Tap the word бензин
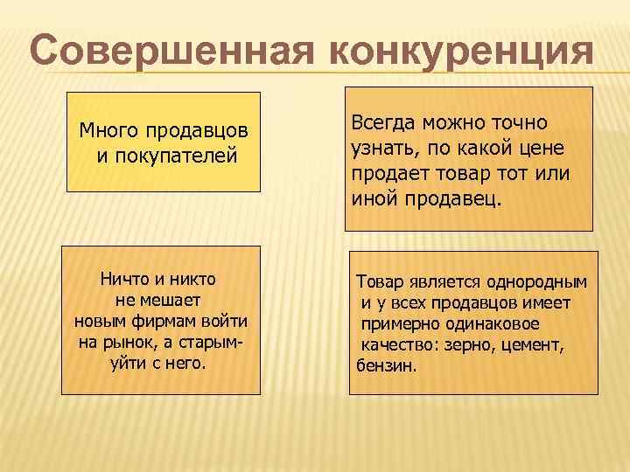387,365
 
